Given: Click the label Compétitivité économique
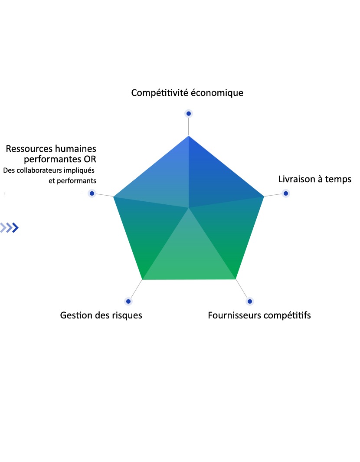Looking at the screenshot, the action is pos(187,93).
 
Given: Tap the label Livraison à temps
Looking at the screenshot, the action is pos(315,179).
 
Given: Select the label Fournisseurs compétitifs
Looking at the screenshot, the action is pos(259,315).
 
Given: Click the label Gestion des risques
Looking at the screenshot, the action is pos(101,315).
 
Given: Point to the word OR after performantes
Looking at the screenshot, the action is pos(90,159).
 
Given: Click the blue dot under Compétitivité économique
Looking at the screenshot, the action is pos(189,113).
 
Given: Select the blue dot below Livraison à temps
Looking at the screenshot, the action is pos(286,193).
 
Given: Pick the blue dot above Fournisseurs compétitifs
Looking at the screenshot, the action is pos(250,301).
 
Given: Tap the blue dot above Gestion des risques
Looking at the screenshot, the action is pos(128,301).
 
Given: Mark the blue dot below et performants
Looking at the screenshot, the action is pos(92,193).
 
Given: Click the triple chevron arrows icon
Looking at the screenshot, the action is pos(10,227).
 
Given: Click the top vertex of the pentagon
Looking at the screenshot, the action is pos(189,136).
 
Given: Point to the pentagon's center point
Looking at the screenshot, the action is pos(189,208).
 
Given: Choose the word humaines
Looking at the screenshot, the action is pos(76,148).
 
